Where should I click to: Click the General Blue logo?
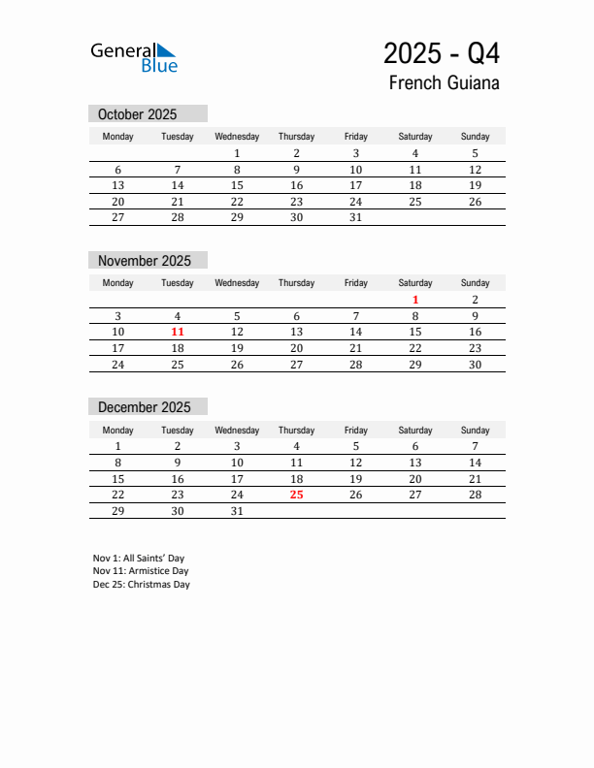click(134, 57)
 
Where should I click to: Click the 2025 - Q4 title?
click(442, 52)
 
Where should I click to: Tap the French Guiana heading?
click(444, 82)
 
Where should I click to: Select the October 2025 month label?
click(137, 114)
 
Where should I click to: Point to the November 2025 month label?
click(145, 261)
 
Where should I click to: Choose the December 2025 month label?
click(144, 407)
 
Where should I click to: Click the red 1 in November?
click(415, 300)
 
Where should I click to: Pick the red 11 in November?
click(178, 332)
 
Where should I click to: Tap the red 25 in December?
click(296, 495)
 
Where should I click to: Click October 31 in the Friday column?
click(355, 217)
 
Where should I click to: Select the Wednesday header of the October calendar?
click(237, 137)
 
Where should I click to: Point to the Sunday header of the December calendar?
click(475, 430)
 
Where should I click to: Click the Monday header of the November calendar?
click(118, 283)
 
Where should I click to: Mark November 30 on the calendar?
click(475, 365)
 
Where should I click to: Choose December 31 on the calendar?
click(237, 510)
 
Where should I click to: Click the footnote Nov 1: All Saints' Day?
click(139, 559)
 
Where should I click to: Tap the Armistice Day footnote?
click(141, 571)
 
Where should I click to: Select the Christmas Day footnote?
click(142, 585)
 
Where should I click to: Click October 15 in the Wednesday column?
click(237, 185)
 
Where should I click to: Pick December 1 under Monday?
click(118, 446)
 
